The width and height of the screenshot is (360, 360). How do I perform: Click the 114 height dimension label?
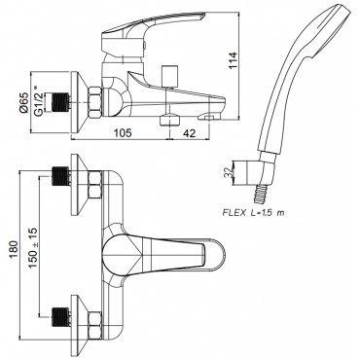click(x=234, y=60)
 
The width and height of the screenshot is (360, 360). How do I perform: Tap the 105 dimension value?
click(x=123, y=133)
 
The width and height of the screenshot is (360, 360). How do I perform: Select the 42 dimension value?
click(x=188, y=133)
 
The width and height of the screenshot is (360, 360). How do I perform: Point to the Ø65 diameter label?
click(x=23, y=102)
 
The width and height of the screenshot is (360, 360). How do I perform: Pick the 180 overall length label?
click(x=13, y=250)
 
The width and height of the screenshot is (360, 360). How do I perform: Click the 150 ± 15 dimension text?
click(x=33, y=247)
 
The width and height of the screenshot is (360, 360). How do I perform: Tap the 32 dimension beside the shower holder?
click(x=230, y=172)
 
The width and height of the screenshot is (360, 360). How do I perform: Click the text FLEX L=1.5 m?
click(x=253, y=213)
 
